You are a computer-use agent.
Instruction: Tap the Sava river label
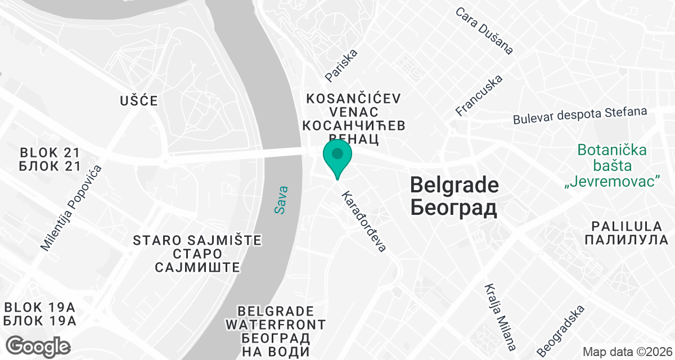pos(281,200)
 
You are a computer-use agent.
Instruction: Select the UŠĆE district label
pos(139,101)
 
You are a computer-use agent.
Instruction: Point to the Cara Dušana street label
pos(484,31)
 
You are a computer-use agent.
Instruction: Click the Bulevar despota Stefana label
pos(580,115)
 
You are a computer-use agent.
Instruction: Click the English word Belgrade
pos(454,185)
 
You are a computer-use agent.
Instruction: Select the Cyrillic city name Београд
pos(454,208)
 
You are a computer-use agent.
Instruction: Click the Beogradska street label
pos(561,331)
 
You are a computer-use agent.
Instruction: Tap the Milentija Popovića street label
pos(71,208)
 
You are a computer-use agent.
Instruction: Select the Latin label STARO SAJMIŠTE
pos(197,241)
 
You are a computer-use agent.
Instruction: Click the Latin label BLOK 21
pos(50,153)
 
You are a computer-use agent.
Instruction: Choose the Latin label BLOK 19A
pos(40,308)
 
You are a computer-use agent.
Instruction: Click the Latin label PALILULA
pos(625,226)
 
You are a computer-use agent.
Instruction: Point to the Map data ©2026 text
pos(626,352)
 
